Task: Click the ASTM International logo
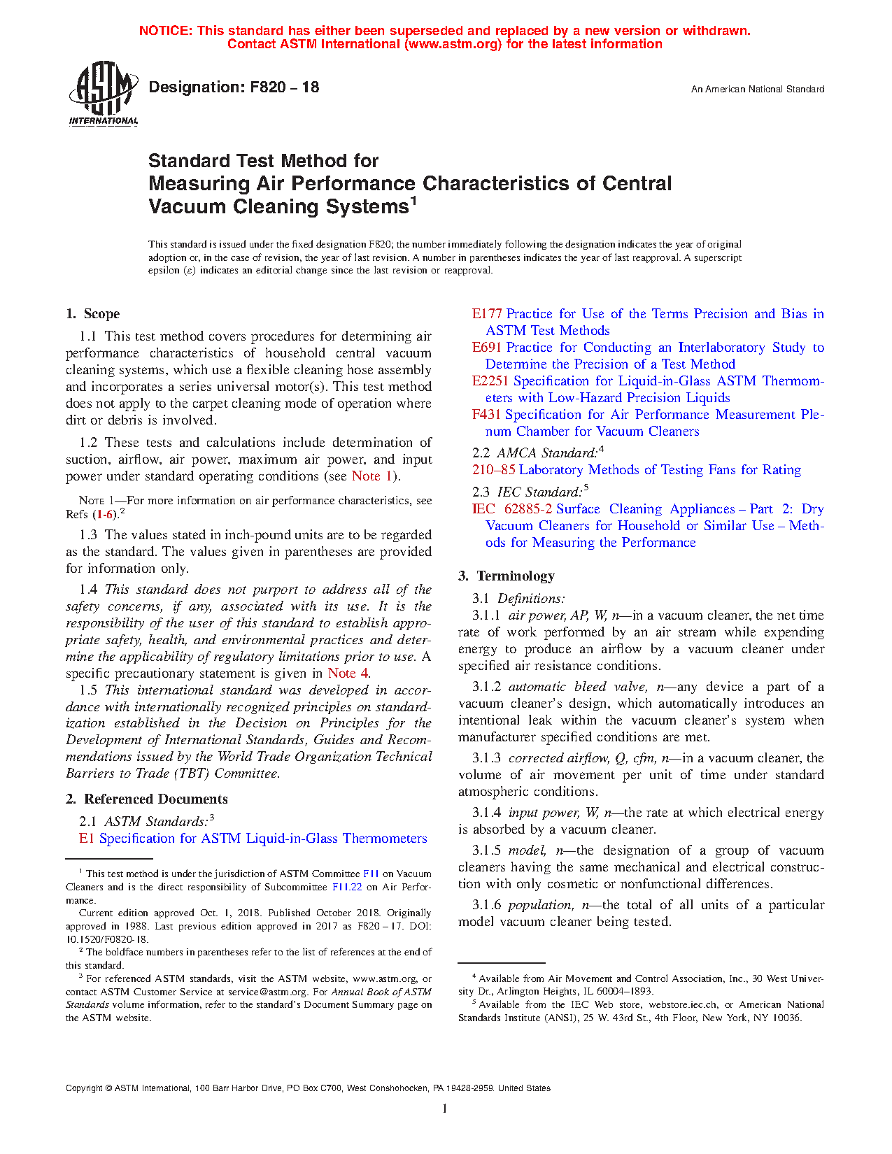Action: point(104,93)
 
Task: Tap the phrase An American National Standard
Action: point(757,90)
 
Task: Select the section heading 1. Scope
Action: point(93,314)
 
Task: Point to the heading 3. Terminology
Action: point(507,576)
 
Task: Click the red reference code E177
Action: point(487,314)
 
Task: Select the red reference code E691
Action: point(487,348)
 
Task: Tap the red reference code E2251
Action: point(490,381)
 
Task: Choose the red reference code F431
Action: point(486,415)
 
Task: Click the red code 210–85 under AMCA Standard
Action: point(493,470)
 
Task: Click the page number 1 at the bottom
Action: point(445,1109)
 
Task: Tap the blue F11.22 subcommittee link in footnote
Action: point(347,887)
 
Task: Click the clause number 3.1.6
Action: point(486,905)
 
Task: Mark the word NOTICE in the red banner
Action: point(165,31)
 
